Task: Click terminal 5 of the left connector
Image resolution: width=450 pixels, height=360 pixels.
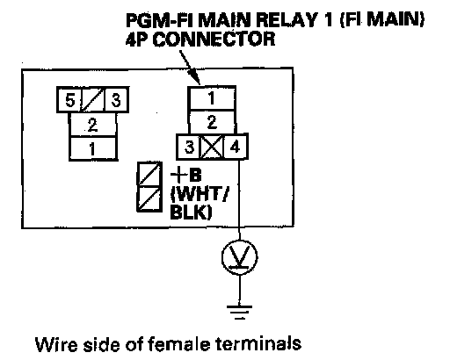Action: [69, 100]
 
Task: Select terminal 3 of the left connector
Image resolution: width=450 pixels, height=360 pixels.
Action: [116, 100]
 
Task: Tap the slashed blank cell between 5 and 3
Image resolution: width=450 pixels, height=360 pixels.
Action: [92, 100]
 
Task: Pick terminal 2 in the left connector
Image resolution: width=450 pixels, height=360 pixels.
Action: [92, 125]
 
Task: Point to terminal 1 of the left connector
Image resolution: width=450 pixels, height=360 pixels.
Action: [92, 148]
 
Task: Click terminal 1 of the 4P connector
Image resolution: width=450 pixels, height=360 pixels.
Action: [212, 98]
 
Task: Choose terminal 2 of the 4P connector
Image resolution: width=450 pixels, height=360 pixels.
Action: [212, 122]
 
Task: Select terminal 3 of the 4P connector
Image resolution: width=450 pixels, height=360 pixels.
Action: [189, 147]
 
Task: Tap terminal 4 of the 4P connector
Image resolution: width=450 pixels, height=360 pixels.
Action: [236, 147]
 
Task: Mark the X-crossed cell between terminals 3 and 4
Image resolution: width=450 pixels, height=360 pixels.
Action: [212, 147]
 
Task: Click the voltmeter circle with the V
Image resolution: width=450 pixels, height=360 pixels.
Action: [240, 257]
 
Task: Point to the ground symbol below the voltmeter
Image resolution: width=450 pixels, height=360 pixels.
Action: [239, 313]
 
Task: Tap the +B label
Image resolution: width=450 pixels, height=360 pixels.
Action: [186, 175]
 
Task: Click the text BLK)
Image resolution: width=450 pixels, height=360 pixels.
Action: [191, 212]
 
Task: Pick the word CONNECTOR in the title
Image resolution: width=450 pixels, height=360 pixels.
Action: [214, 40]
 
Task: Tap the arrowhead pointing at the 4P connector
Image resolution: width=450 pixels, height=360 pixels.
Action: [196, 78]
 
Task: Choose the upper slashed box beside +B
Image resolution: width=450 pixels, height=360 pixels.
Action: [149, 174]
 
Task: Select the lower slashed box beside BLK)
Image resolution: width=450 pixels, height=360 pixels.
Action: [149, 198]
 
